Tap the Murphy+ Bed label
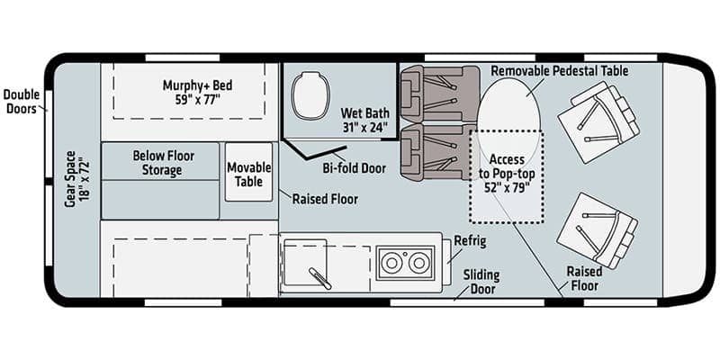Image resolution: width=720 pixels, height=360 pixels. click(x=197, y=92)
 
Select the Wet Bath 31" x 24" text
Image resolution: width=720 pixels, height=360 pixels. click(x=364, y=121)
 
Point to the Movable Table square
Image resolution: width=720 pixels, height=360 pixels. click(x=248, y=172)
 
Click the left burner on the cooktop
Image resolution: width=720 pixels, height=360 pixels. click(x=392, y=263)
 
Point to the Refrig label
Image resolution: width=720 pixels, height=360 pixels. click(x=471, y=242)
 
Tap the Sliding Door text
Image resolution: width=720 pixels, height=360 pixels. click(x=481, y=282)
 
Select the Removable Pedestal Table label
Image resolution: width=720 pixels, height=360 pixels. click(x=559, y=70)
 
